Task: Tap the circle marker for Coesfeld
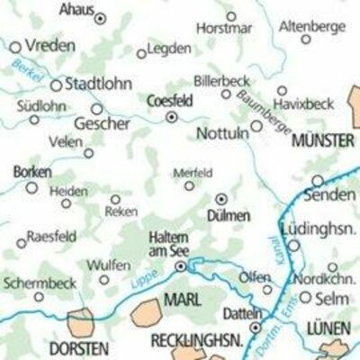click(x=171, y=116)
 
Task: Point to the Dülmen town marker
click(x=221, y=199)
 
